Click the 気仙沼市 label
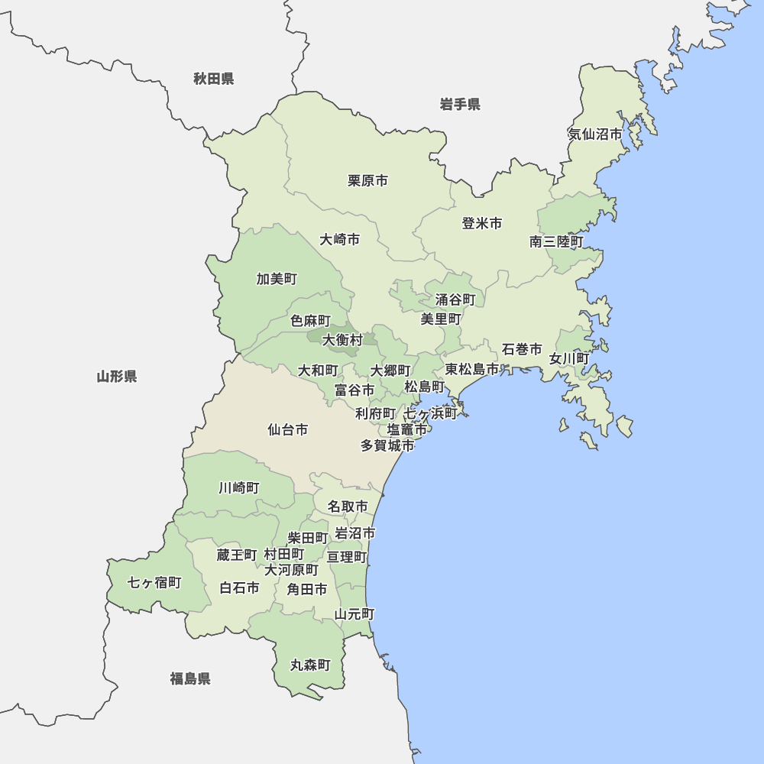coord(595,134)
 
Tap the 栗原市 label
coord(367,181)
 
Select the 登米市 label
coord(482,224)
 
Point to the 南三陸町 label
coord(556,242)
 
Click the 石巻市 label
coord(522,350)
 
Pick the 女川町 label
coord(569,358)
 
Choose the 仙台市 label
coord(288,430)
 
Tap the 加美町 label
coord(277,279)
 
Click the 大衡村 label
coord(342,340)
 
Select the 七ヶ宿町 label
coord(154,583)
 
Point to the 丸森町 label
coord(310,665)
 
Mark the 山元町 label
coord(354,613)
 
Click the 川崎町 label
coord(239,487)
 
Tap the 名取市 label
coord(348,507)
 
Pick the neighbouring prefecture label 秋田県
coord(213,79)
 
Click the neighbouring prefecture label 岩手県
coord(460,105)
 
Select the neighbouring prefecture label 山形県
coord(117,376)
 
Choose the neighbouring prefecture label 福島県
coord(190,678)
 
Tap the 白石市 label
coord(239,588)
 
